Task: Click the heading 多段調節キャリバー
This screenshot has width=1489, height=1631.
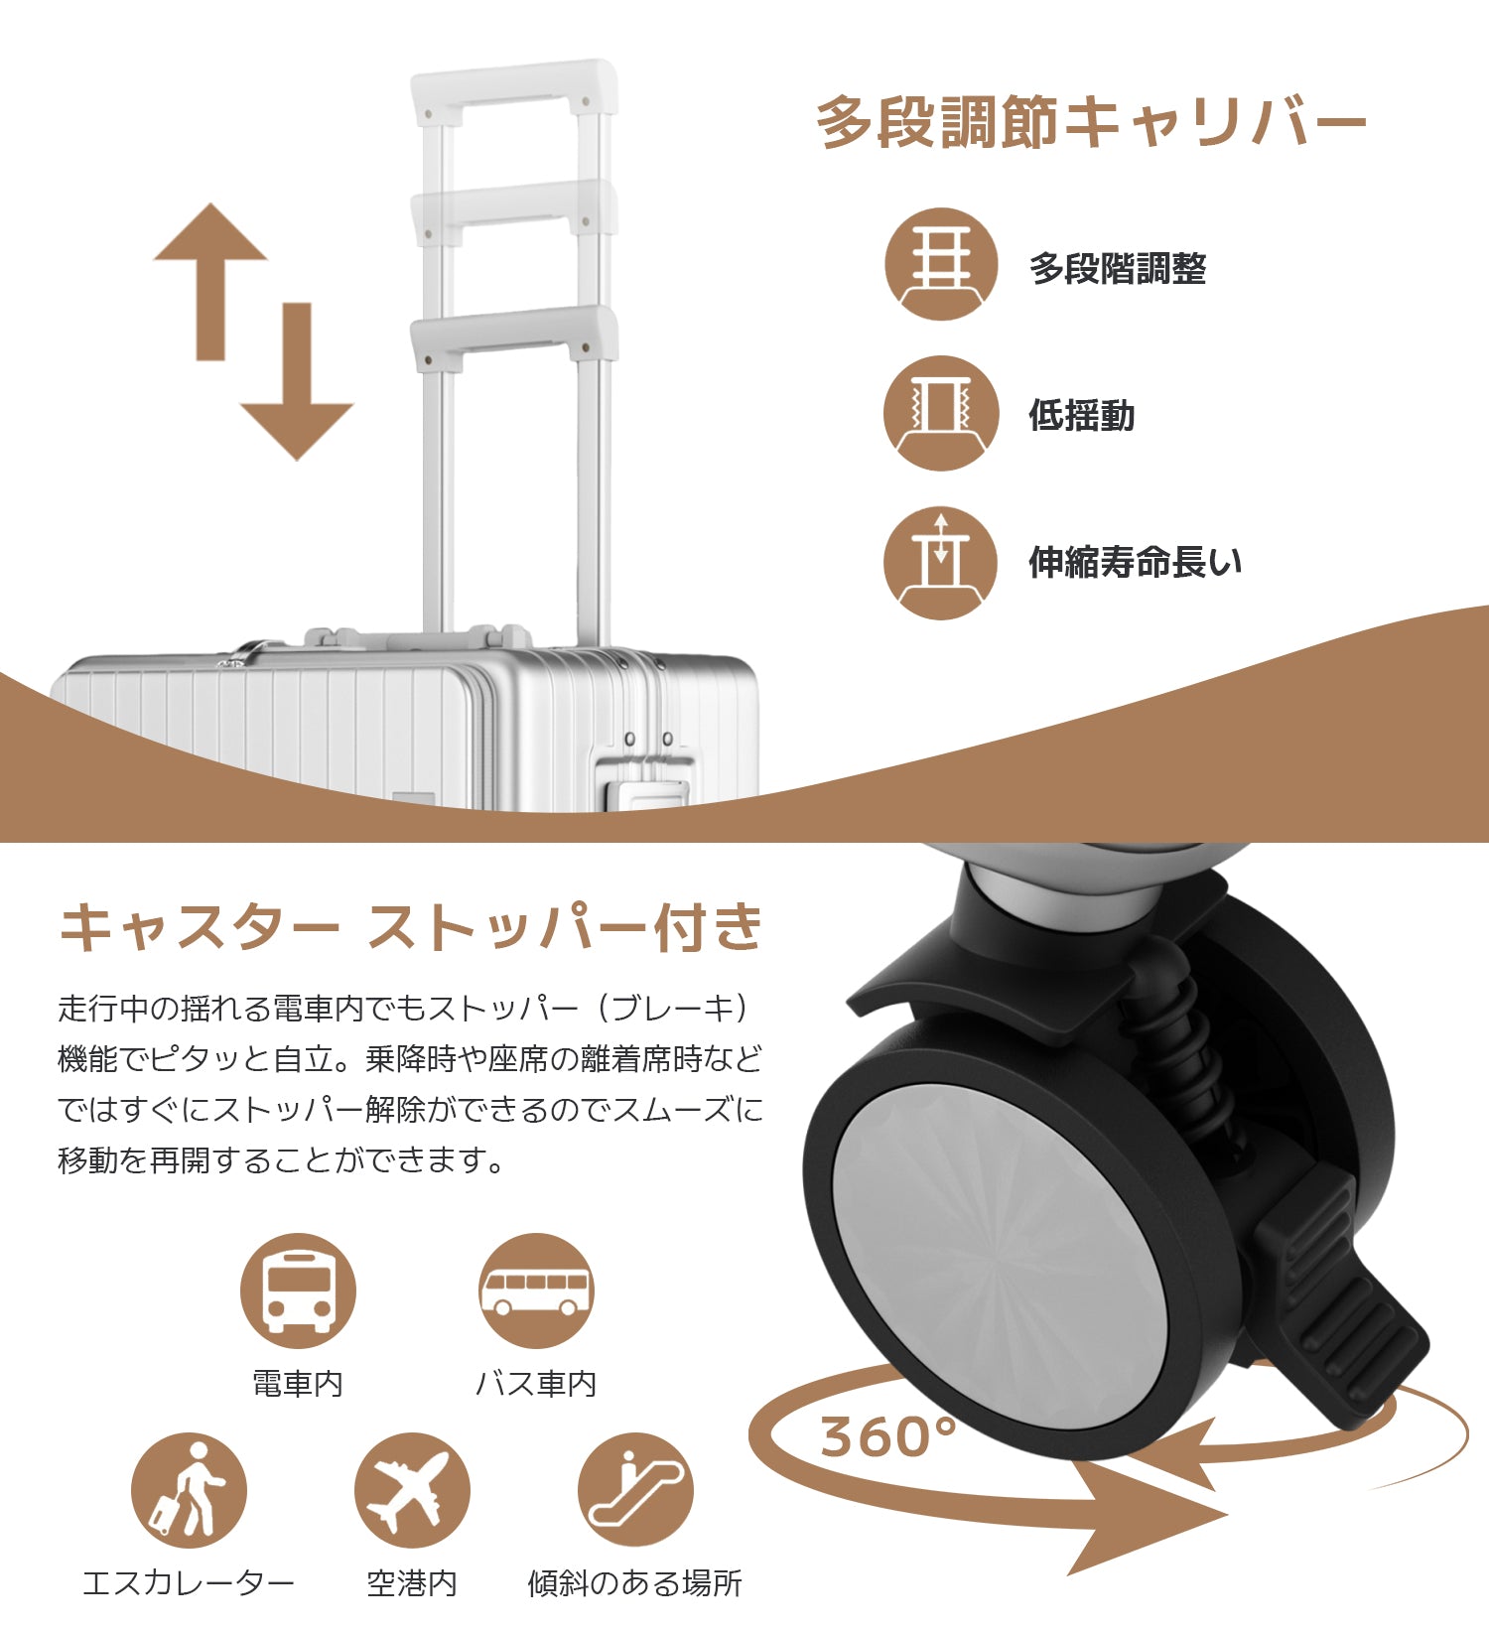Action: coord(1090,123)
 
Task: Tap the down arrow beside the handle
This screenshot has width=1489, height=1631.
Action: coord(297,381)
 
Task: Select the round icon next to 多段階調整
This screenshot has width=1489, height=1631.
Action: coord(941,264)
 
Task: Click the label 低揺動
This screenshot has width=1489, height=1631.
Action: coord(1081,415)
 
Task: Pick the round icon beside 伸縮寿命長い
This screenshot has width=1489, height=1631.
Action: coord(941,563)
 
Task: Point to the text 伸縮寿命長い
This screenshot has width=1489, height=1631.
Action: coord(1135,562)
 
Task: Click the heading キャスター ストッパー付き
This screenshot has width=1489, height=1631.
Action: coord(411,927)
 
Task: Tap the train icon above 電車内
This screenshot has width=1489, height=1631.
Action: coord(298,1291)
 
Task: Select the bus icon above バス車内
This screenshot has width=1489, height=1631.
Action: coord(536,1291)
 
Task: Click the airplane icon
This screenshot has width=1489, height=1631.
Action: coord(412,1490)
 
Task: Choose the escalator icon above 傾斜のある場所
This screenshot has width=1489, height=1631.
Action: coord(635,1490)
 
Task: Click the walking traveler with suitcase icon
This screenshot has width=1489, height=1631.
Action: coord(189,1490)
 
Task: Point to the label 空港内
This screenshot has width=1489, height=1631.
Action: coord(412,1582)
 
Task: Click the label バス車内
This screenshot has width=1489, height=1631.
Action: coord(536,1383)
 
